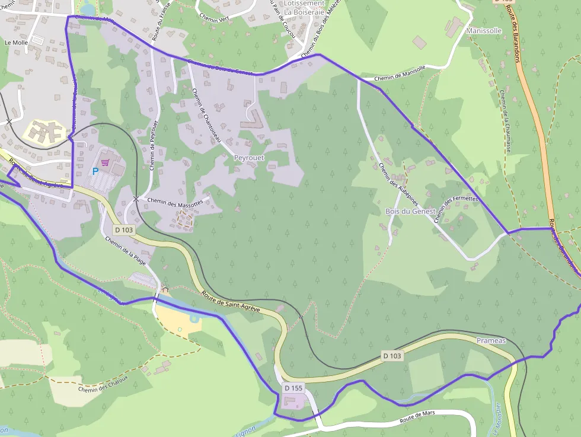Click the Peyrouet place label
click(x=249, y=158)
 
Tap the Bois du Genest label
click(x=410, y=211)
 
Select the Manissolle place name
click(x=484, y=30)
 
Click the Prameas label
click(x=491, y=340)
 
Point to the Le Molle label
click(x=16, y=43)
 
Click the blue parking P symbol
click(x=95, y=171)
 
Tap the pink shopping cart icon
click(x=106, y=161)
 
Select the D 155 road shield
click(x=293, y=388)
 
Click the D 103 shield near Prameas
click(x=392, y=356)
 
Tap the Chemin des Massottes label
click(x=175, y=202)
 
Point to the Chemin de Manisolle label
click(x=400, y=72)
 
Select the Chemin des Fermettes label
click(x=456, y=209)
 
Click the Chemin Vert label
click(x=216, y=18)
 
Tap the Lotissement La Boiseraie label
click(x=305, y=7)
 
